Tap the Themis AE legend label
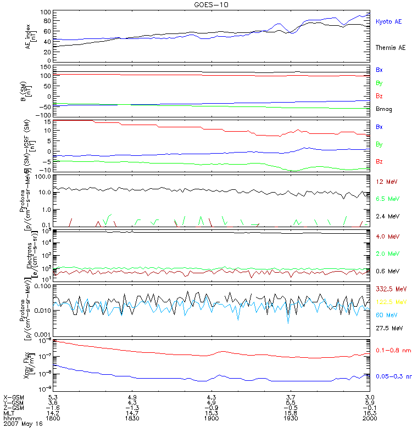[391, 48]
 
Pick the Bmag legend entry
[383, 109]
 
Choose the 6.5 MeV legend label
[386, 199]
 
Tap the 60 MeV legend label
[385, 314]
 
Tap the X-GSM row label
[14, 396]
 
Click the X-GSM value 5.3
[53, 396]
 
